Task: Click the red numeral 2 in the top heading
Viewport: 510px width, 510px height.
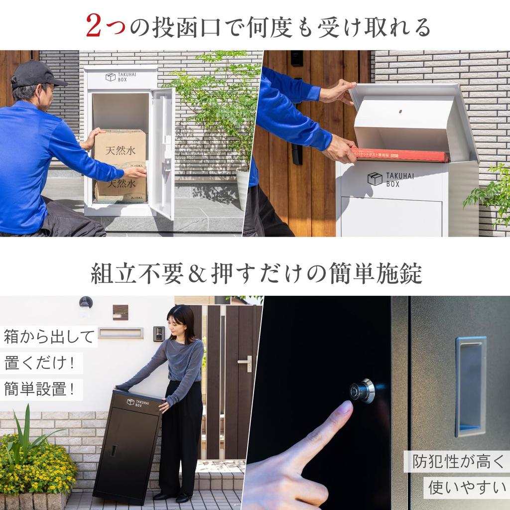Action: point(94,25)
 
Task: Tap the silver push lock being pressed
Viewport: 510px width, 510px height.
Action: point(363,391)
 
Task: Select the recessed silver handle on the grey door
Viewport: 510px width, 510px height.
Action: point(470,386)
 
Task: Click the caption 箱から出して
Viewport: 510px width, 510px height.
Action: point(48,337)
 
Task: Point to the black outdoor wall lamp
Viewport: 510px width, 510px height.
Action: point(86,302)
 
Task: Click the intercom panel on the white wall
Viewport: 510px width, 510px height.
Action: point(159,334)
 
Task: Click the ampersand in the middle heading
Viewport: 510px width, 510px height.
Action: point(197,273)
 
